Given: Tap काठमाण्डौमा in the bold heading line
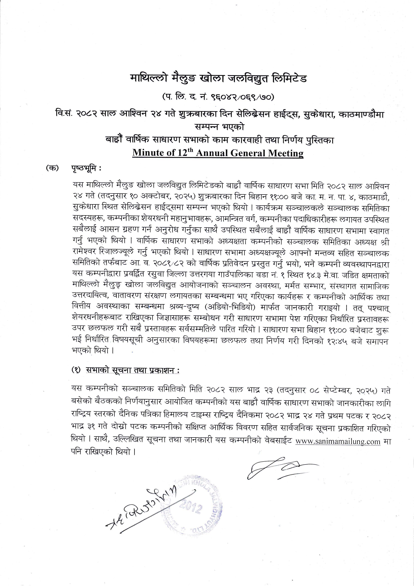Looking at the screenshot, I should click(x=361, y=114).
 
